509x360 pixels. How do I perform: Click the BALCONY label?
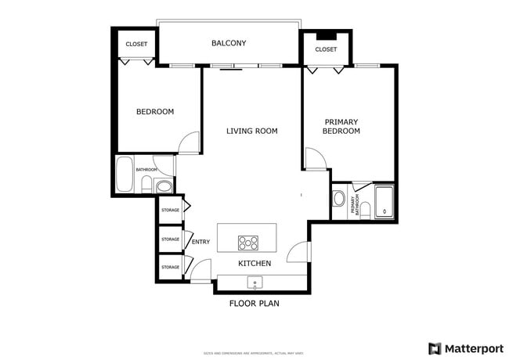tap(229, 43)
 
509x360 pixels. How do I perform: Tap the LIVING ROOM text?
tap(252, 131)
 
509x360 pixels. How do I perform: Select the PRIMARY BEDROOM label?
tap(341, 126)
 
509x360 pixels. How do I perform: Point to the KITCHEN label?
tap(254, 264)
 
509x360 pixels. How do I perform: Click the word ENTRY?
tap(200, 242)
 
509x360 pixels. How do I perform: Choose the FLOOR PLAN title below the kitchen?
tap(254, 303)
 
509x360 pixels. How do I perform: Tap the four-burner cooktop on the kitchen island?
tap(249, 242)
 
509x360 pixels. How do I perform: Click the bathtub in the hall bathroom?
tap(125, 175)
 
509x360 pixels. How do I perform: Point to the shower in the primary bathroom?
tap(384, 202)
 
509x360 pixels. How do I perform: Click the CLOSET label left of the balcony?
tap(137, 44)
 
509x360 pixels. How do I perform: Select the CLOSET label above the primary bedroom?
tap(326, 49)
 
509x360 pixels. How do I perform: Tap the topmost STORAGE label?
tap(170, 210)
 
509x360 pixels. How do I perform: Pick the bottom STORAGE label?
tap(170, 268)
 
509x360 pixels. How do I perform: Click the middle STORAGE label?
tap(170, 239)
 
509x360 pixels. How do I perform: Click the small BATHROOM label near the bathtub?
tap(146, 170)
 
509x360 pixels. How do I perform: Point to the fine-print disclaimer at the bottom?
tap(254, 352)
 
